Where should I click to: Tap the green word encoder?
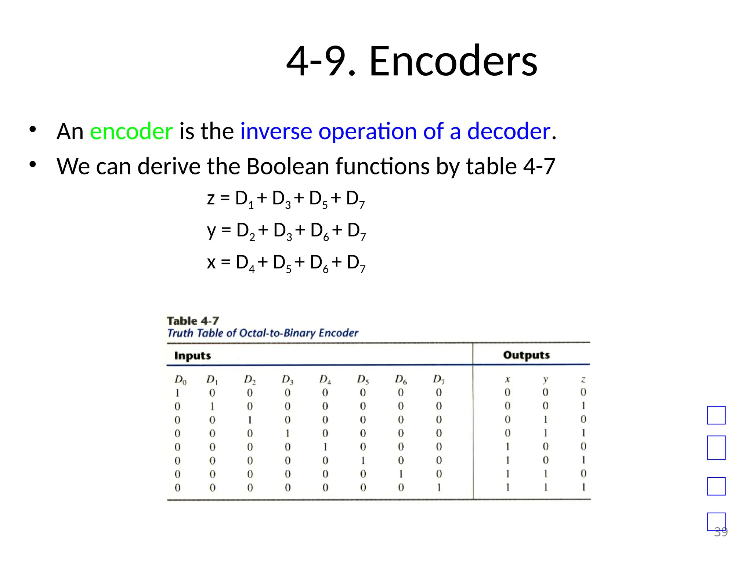click(x=131, y=131)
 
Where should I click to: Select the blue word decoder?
click(x=509, y=131)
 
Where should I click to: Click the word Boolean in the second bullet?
click(x=288, y=166)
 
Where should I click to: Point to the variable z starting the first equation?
click(x=211, y=199)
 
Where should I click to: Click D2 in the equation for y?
click(x=245, y=231)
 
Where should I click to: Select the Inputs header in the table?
click(x=192, y=355)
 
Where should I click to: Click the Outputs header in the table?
click(x=526, y=355)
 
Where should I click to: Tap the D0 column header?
click(x=180, y=380)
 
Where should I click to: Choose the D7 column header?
click(x=439, y=379)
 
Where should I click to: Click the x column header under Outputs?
click(x=507, y=379)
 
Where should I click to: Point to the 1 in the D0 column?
click(x=177, y=393)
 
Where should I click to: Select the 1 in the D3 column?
click(x=288, y=434)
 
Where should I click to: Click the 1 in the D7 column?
click(x=439, y=488)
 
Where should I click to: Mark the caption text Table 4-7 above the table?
click(x=193, y=321)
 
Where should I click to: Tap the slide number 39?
click(x=721, y=532)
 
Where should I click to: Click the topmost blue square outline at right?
click(x=716, y=415)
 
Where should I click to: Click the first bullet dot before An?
click(x=33, y=129)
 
